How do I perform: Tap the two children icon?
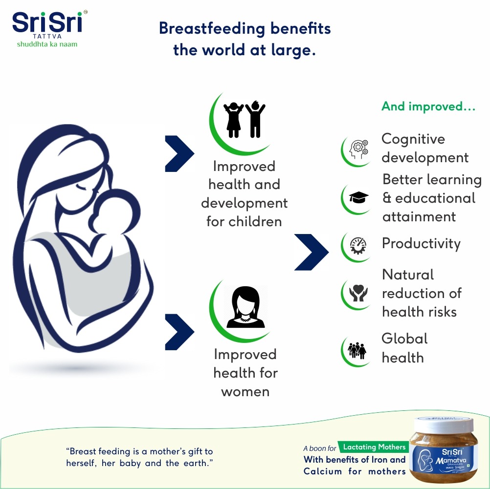click(x=244, y=120)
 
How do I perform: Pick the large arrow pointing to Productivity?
click(x=312, y=252)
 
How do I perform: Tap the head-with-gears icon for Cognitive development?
click(x=358, y=149)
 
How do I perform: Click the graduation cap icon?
click(x=358, y=198)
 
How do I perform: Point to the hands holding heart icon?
click(x=358, y=293)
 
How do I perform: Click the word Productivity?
click(x=421, y=243)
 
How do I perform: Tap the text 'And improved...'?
click(x=428, y=106)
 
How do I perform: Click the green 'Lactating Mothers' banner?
click(x=374, y=447)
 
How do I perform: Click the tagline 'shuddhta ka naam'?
click(x=47, y=44)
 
